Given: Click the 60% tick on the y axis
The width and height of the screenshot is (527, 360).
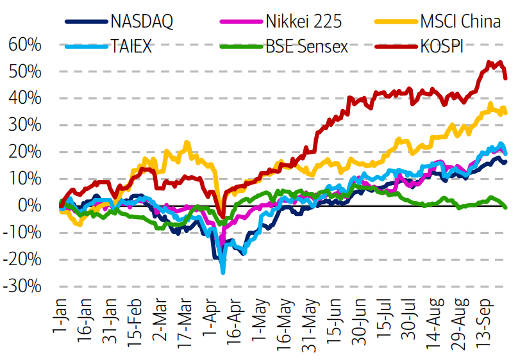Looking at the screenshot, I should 25,45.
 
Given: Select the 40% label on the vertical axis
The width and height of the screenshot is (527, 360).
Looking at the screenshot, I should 25,99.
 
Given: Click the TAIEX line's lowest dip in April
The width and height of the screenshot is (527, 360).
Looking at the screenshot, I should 223,272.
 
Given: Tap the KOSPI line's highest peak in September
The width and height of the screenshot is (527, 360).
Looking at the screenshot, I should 489,62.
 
